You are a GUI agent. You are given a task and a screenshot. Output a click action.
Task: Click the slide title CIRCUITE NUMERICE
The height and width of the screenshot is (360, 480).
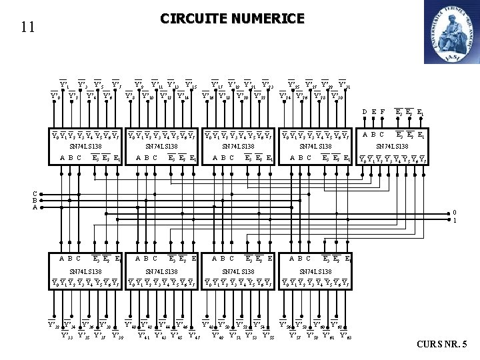(x=232, y=18)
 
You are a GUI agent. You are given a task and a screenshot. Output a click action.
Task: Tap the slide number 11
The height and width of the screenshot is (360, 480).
(x=27, y=27)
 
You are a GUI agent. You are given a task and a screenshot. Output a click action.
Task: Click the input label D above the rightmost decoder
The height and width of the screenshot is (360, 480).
(x=364, y=112)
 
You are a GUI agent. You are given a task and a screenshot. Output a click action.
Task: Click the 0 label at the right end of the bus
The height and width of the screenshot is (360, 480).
(x=455, y=213)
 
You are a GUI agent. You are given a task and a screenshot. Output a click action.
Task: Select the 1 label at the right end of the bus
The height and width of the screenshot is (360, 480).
(x=455, y=220)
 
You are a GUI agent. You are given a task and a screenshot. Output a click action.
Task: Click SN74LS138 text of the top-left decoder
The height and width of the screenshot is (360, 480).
(x=87, y=146)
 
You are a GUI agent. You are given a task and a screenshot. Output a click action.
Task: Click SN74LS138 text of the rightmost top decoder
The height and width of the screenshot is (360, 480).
(x=393, y=146)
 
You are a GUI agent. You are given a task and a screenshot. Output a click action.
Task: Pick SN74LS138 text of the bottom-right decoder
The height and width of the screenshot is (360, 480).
(x=316, y=272)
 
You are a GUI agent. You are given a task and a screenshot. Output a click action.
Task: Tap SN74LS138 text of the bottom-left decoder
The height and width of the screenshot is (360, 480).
(x=87, y=272)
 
